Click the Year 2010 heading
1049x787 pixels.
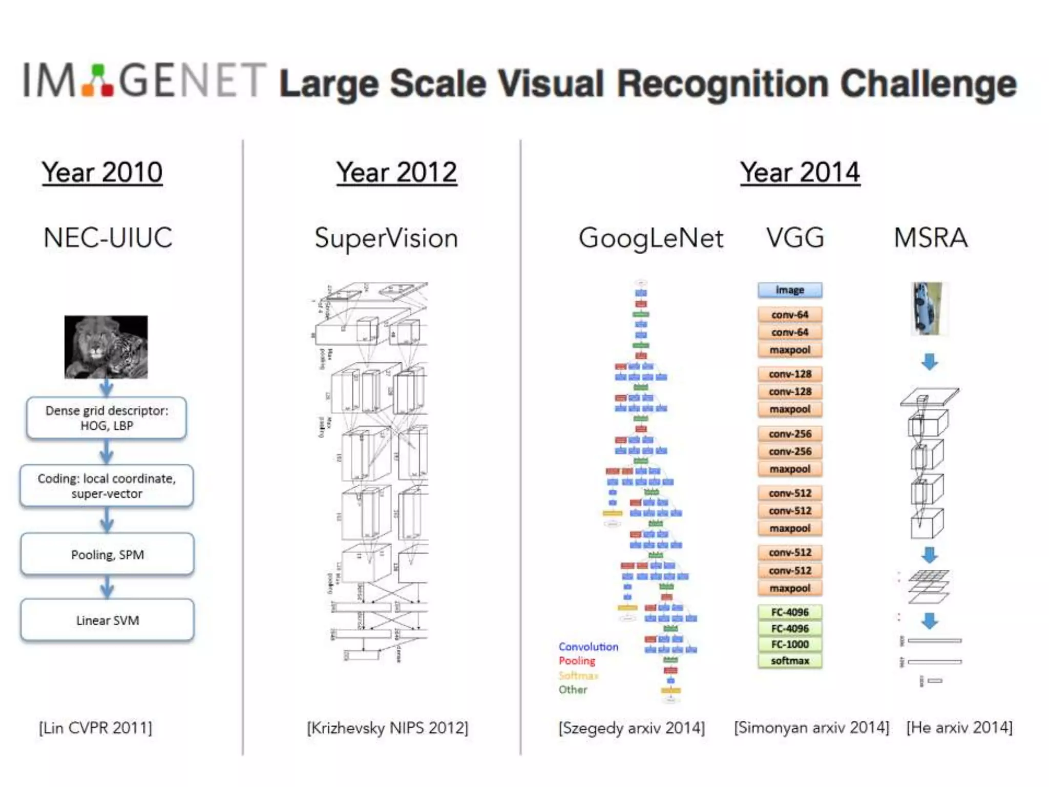(102, 172)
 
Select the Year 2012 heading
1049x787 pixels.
(396, 172)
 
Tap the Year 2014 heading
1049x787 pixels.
(800, 172)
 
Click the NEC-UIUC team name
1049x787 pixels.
(108, 238)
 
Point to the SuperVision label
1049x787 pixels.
(386, 238)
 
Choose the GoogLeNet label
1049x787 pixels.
(651, 238)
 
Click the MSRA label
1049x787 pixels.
(930, 238)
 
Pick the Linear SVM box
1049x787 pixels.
(108, 620)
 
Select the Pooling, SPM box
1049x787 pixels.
(108, 554)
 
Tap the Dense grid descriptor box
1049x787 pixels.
(107, 418)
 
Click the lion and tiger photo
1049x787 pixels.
(106, 347)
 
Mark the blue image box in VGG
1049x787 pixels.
(790, 290)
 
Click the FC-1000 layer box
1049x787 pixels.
(790, 645)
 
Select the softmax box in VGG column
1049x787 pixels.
(790, 661)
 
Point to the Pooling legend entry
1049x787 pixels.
(577, 661)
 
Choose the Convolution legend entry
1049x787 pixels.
(588, 647)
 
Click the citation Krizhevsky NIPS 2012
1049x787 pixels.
(388, 728)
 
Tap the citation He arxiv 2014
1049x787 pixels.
(959, 728)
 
